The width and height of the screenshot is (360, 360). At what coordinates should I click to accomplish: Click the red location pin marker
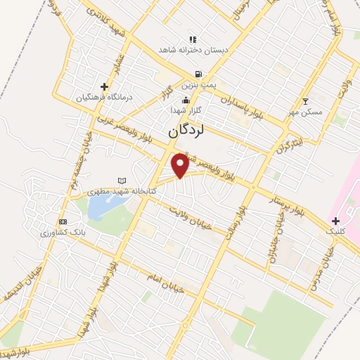coord(180,165)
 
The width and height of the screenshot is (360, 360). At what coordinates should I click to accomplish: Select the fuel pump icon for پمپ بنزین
coord(199,74)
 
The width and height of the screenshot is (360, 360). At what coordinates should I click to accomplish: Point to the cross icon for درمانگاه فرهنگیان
coord(104,85)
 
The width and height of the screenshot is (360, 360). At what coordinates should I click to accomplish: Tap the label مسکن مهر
coord(306,112)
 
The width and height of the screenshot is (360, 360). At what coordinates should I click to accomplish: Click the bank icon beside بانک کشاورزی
coord(63,221)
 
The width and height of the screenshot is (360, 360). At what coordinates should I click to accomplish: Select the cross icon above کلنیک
coord(335,221)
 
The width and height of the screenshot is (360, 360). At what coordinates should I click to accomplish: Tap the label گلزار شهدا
coord(187,110)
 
